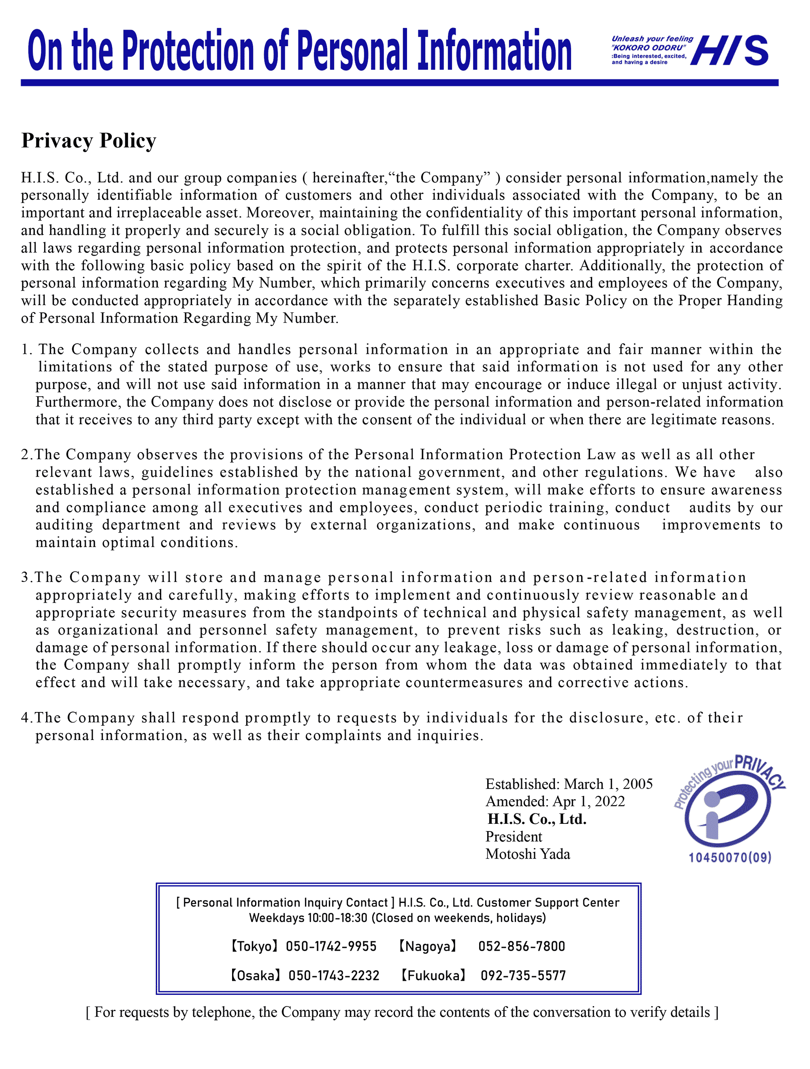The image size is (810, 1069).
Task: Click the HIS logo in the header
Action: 729,50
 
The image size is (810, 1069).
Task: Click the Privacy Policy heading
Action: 89,141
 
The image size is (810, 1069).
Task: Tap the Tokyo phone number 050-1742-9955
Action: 331,947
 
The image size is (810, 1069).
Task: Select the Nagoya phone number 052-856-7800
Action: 522,947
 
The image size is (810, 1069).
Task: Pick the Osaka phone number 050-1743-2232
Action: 334,976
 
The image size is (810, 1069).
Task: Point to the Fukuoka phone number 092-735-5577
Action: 523,976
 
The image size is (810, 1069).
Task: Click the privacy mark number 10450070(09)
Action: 730,858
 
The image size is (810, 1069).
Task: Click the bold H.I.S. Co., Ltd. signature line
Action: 537,819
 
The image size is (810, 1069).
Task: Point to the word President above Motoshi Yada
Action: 514,836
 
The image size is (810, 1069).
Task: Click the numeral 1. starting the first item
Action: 27,349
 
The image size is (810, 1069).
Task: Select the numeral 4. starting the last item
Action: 27,718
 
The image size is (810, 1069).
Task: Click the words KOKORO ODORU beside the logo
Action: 649,48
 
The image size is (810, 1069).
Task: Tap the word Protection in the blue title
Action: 188,50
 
